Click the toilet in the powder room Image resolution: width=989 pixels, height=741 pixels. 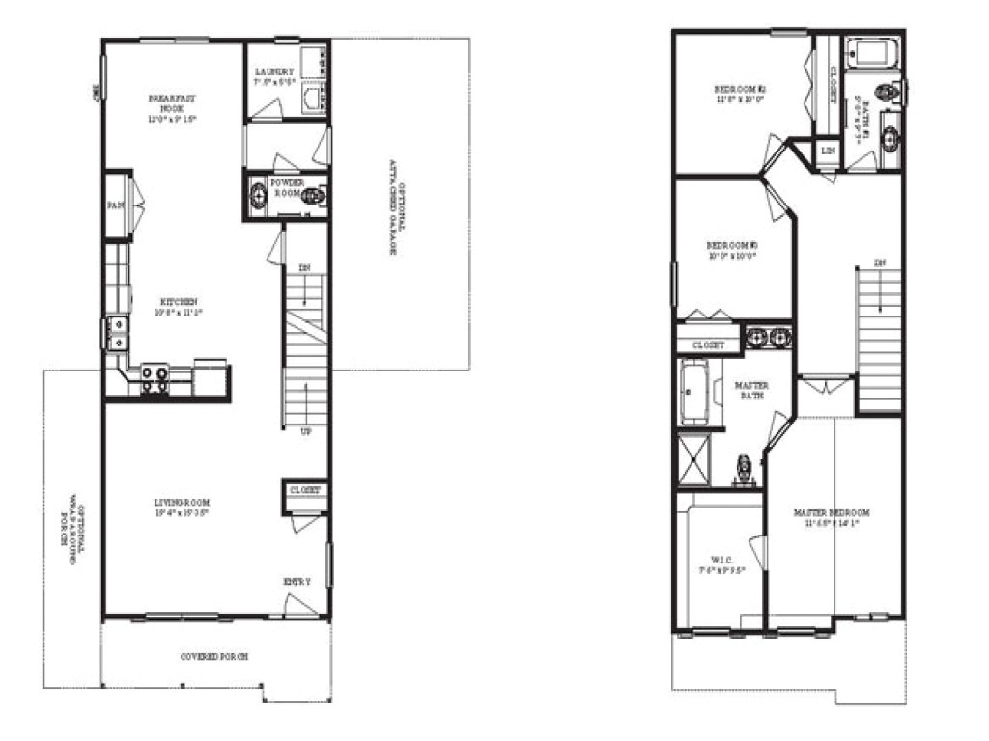[312, 197]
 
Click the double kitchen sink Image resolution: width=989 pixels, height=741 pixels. [117, 334]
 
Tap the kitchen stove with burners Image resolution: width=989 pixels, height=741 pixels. [155, 378]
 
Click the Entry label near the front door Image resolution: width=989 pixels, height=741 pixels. [297, 582]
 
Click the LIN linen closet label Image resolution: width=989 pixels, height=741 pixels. [828, 151]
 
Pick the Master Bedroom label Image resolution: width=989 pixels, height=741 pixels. [832, 518]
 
